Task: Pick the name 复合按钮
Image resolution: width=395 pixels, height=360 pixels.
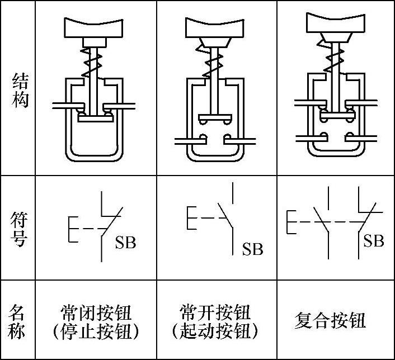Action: coord(330,321)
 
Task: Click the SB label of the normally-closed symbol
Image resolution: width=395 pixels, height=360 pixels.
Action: coord(125,243)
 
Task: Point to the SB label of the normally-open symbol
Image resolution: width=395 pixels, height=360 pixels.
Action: coord(252,249)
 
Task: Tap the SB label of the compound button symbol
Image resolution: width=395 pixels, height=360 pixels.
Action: coord(374,241)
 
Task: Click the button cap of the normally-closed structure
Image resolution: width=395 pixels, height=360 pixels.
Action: coord(95,26)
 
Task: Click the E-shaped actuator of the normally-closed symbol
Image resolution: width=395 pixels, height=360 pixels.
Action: coord(72,228)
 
